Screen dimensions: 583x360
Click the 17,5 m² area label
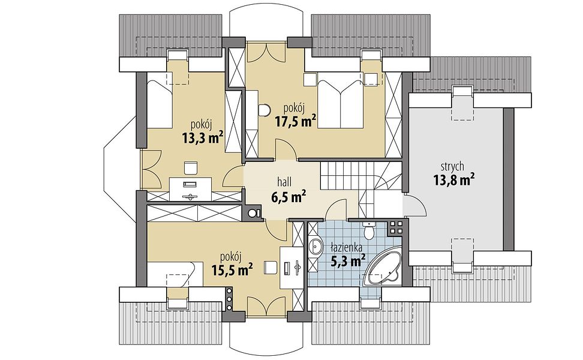pyautogui.click(x=296, y=121)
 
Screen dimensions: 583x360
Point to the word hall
pyautogui.click(x=284, y=182)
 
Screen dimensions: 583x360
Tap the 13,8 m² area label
pyautogui.click(x=453, y=180)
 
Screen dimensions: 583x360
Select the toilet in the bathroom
pyautogui.click(x=369, y=230)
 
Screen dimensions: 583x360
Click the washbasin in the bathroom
pyautogui.click(x=317, y=246)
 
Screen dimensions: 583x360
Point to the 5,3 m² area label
pyautogui.click(x=347, y=260)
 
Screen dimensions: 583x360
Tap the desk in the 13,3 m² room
pyautogui.click(x=191, y=188)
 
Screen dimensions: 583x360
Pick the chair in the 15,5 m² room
pyautogui.click(x=271, y=266)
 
